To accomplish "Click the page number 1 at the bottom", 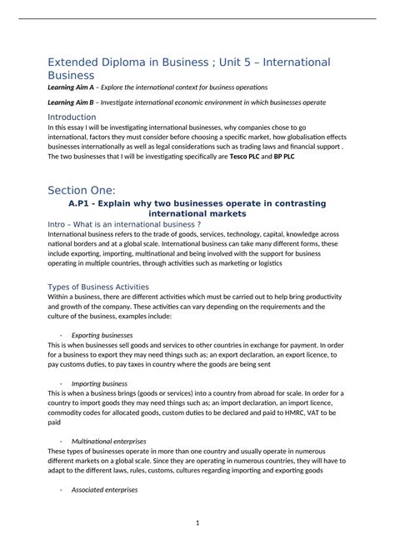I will pos(197,522).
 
